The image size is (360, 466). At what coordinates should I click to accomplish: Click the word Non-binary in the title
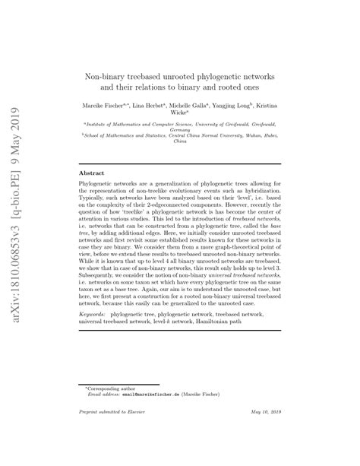pos(105,78)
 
